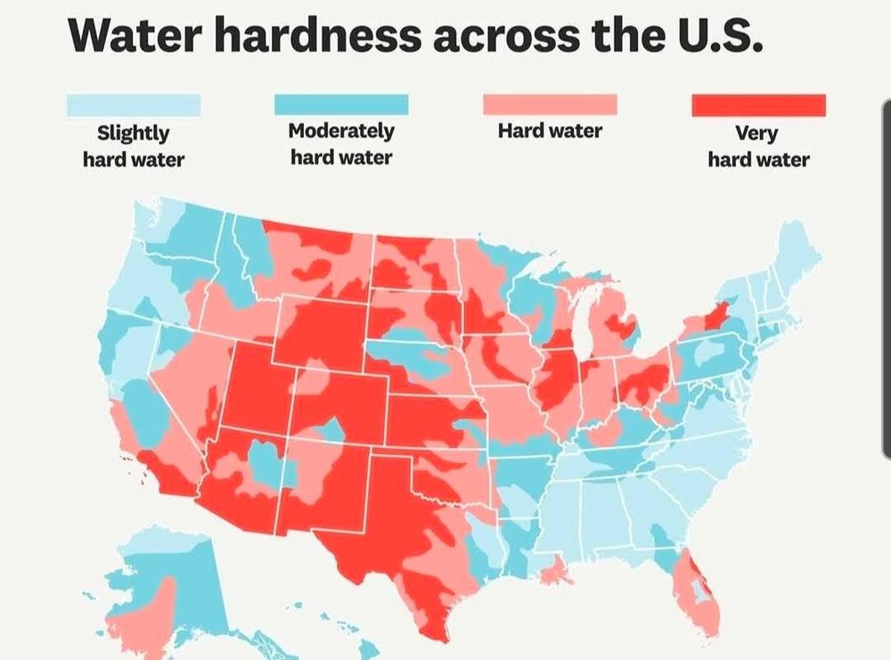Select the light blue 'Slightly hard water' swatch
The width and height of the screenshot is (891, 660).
(134, 106)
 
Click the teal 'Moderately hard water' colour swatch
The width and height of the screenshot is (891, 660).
(341, 105)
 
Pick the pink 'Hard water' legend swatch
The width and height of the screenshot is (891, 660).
(550, 105)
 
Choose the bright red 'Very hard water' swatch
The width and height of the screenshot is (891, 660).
(758, 105)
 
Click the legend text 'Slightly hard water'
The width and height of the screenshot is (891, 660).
(134, 146)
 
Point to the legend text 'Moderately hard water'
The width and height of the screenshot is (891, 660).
(341, 143)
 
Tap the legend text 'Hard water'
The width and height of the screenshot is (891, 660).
(550, 132)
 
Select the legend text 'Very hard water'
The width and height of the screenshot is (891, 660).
(758, 146)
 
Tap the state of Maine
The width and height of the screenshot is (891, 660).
(797, 254)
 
